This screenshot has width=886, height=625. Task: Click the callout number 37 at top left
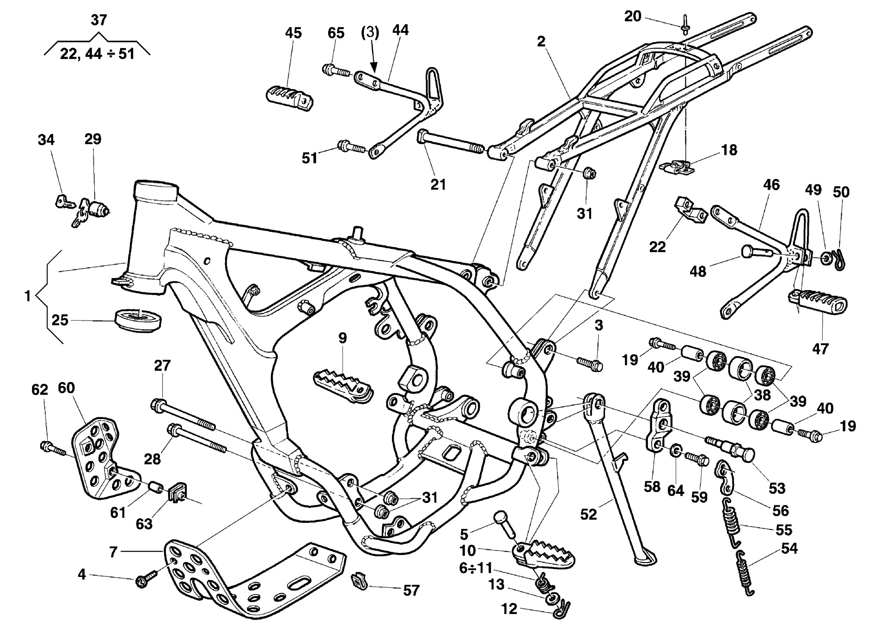[99, 20]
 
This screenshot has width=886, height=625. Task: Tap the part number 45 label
[293, 33]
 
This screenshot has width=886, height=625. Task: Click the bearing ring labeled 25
[138, 319]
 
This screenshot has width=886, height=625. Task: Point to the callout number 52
[588, 514]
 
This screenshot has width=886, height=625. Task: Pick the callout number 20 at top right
[633, 17]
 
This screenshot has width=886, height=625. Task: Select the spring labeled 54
[745, 573]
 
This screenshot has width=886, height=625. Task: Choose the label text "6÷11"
[476, 568]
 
